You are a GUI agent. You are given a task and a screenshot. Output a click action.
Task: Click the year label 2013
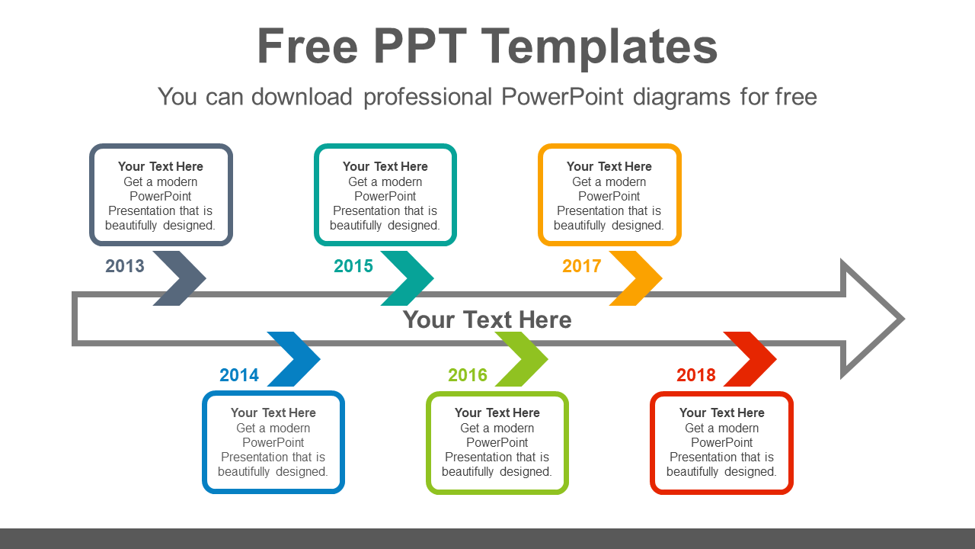(125, 266)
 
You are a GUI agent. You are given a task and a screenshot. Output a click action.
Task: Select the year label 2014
(239, 375)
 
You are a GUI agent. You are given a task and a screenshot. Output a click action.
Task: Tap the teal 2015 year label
(353, 266)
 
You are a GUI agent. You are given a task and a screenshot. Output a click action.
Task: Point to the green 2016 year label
(468, 375)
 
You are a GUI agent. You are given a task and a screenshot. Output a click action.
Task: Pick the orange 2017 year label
(582, 266)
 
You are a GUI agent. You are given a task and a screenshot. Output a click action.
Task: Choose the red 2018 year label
(696, 375)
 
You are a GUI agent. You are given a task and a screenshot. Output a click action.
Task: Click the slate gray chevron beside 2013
(183, 278)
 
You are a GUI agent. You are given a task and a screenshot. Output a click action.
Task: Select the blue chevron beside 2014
(297, 359)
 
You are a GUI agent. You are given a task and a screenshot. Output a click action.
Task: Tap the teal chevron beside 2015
(411, 278)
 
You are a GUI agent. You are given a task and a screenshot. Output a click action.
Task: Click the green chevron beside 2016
(526, 359)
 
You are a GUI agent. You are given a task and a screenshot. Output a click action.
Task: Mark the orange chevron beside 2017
(640, 278)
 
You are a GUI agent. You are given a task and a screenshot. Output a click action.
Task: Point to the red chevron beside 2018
(754, 359)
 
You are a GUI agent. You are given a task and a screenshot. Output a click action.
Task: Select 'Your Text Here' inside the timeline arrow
(487, 319)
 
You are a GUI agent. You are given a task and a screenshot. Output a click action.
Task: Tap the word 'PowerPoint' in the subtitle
(562, 97)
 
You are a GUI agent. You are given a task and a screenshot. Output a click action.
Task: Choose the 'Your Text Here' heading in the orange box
(609, 166)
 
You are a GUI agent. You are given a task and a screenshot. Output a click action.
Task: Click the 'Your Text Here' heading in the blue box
(273, 413)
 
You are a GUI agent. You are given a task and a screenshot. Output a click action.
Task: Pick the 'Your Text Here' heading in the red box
(721, 413)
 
